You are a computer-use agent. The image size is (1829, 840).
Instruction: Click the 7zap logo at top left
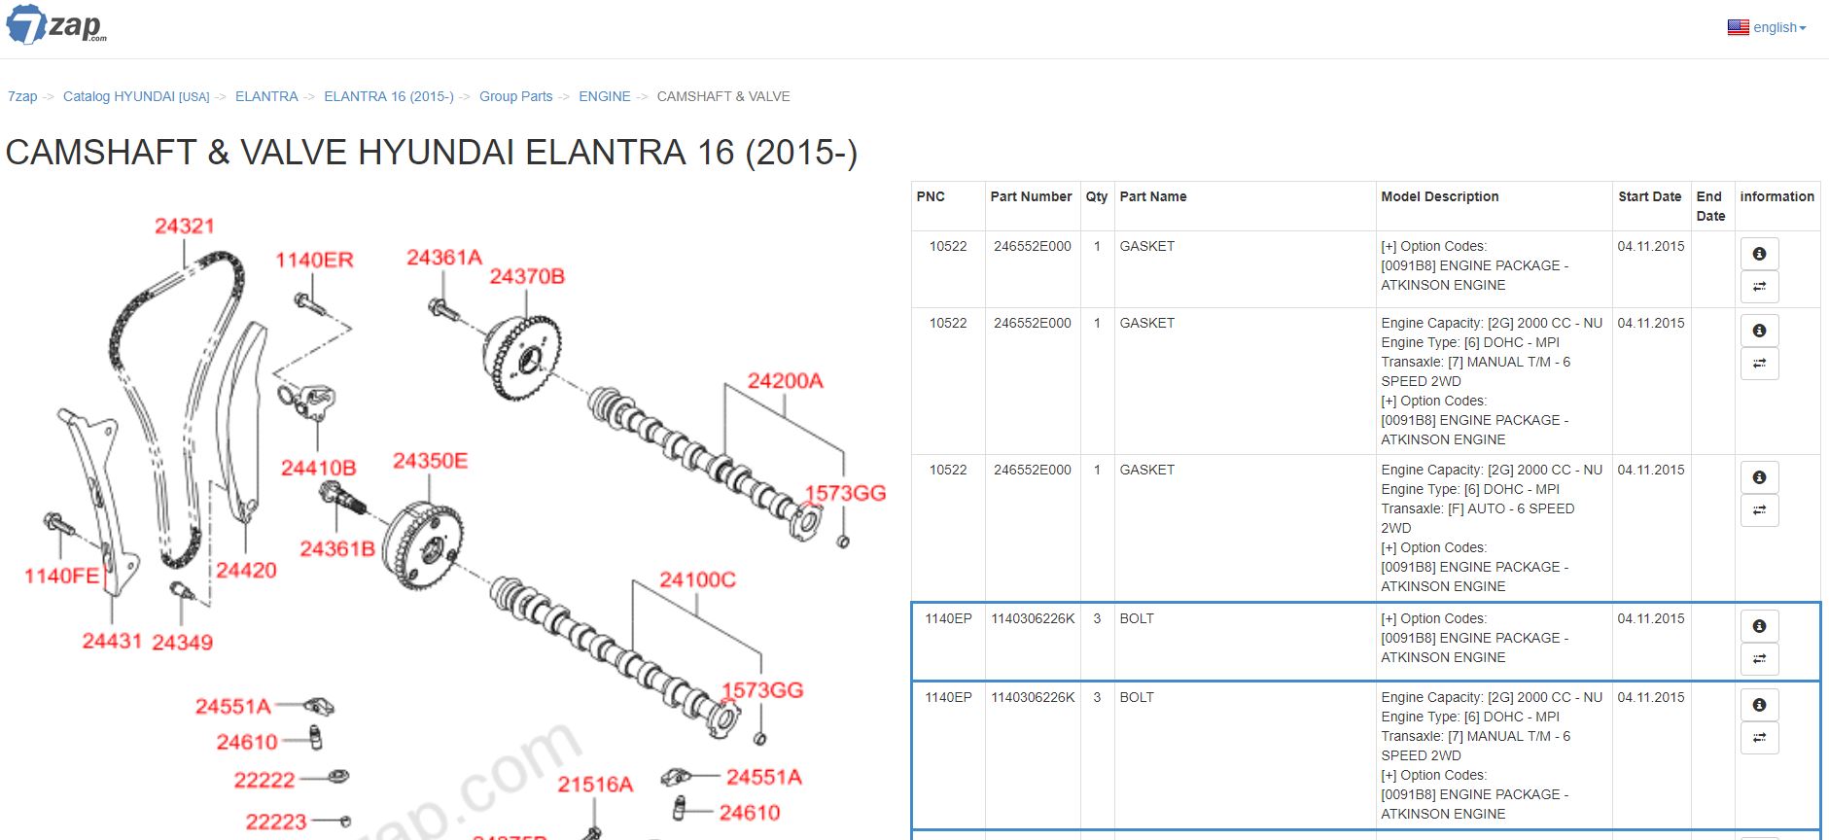(x=56, y=24)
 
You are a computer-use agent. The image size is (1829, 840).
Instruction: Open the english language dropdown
(x=1767, y=27)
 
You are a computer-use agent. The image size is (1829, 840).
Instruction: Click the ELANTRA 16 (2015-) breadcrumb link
(x=389, y=96)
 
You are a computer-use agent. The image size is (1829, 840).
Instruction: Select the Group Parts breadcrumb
(x=515, y=96)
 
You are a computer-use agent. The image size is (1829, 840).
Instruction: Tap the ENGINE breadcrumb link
(x=605, y=96)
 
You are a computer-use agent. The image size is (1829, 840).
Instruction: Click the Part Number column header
(x=1031, y=196)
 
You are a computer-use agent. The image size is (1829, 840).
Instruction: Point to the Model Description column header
(x=1440, y=196)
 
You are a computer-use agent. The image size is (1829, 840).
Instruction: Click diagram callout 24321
(x=184, y=226)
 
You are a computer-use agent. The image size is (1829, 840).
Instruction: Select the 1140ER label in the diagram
(x=314, y=260)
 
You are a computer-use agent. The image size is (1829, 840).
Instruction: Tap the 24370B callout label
(x=527, y=276)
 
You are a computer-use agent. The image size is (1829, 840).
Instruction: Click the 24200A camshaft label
(x=785, y=380)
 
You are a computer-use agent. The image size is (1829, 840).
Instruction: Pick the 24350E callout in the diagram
(x=430, y=460)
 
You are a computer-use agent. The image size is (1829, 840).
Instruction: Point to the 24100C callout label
(x=697, y=579)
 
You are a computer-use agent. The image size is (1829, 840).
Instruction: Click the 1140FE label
(x=62, y=576)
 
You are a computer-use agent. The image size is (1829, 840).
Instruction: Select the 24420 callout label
(x=246, y=570)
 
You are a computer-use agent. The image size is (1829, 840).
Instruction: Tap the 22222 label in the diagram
(x=264, y=780)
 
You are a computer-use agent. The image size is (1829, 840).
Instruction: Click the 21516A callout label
(x=595, y=784)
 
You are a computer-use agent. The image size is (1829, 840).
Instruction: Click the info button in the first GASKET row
(x=1759, y=254)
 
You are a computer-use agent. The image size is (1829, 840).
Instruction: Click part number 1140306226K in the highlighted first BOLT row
(x=1033, y=618)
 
